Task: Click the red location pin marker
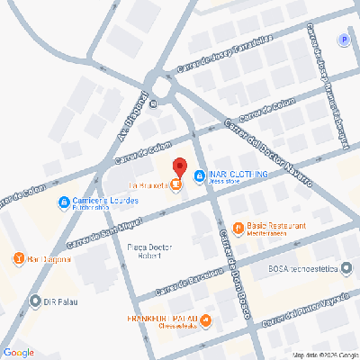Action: pos(178,168)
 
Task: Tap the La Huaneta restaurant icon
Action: pos(175,186)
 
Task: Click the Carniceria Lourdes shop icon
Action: pos(64,202)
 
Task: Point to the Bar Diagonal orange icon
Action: pos(19,259)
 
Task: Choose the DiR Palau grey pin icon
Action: pos(35,301)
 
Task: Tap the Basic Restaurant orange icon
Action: pos(238,228)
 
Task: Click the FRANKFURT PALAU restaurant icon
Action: pos(207,319)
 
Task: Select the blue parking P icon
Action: pos(342,40)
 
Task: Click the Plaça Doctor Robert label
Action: pos(150,251)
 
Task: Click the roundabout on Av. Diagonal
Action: pos(165,85)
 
